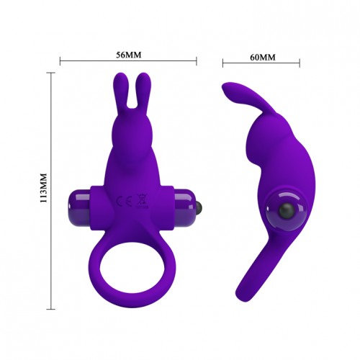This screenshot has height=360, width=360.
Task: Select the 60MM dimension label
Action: pyautogui.click(x=261, y=55)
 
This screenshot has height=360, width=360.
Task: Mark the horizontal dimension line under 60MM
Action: pyautogui.click(x=261, y=65)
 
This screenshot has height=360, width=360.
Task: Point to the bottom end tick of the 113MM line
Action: pyautogui.click(x=52, y=308)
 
